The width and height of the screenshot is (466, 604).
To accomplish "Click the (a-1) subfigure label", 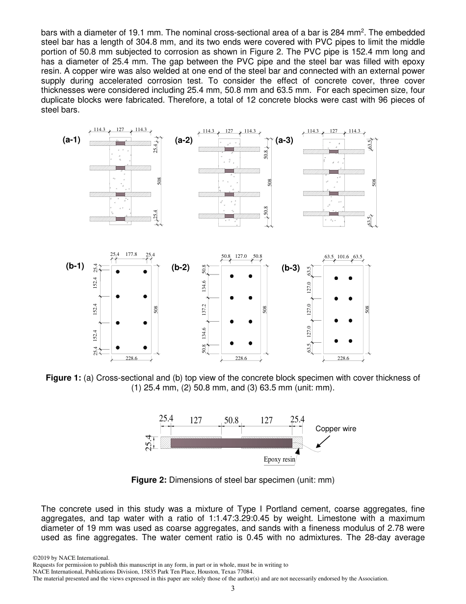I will [71, 140].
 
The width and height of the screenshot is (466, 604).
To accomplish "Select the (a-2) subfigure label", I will [184, 140].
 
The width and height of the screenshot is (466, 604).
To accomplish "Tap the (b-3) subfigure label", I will [290, 268].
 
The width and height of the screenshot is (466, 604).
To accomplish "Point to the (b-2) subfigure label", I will [181, 268].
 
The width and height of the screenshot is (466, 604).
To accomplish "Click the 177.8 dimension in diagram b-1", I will [131, 254].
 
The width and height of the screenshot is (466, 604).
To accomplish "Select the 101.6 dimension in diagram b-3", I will [343, 256].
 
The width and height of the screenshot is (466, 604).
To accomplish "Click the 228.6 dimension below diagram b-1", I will [131, 358].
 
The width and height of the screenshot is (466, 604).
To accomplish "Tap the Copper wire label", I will [336, 429].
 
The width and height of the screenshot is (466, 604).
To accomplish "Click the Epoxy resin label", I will [279, 460].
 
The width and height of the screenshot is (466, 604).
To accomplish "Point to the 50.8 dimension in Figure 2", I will [231, 420].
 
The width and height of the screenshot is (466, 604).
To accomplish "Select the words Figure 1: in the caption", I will [63, 378].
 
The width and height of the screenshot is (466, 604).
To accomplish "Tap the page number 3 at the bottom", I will [233, 589].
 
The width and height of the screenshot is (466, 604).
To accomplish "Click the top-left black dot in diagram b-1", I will [118, 272].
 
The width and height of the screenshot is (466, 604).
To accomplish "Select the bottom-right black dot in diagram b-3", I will [350, 341].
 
